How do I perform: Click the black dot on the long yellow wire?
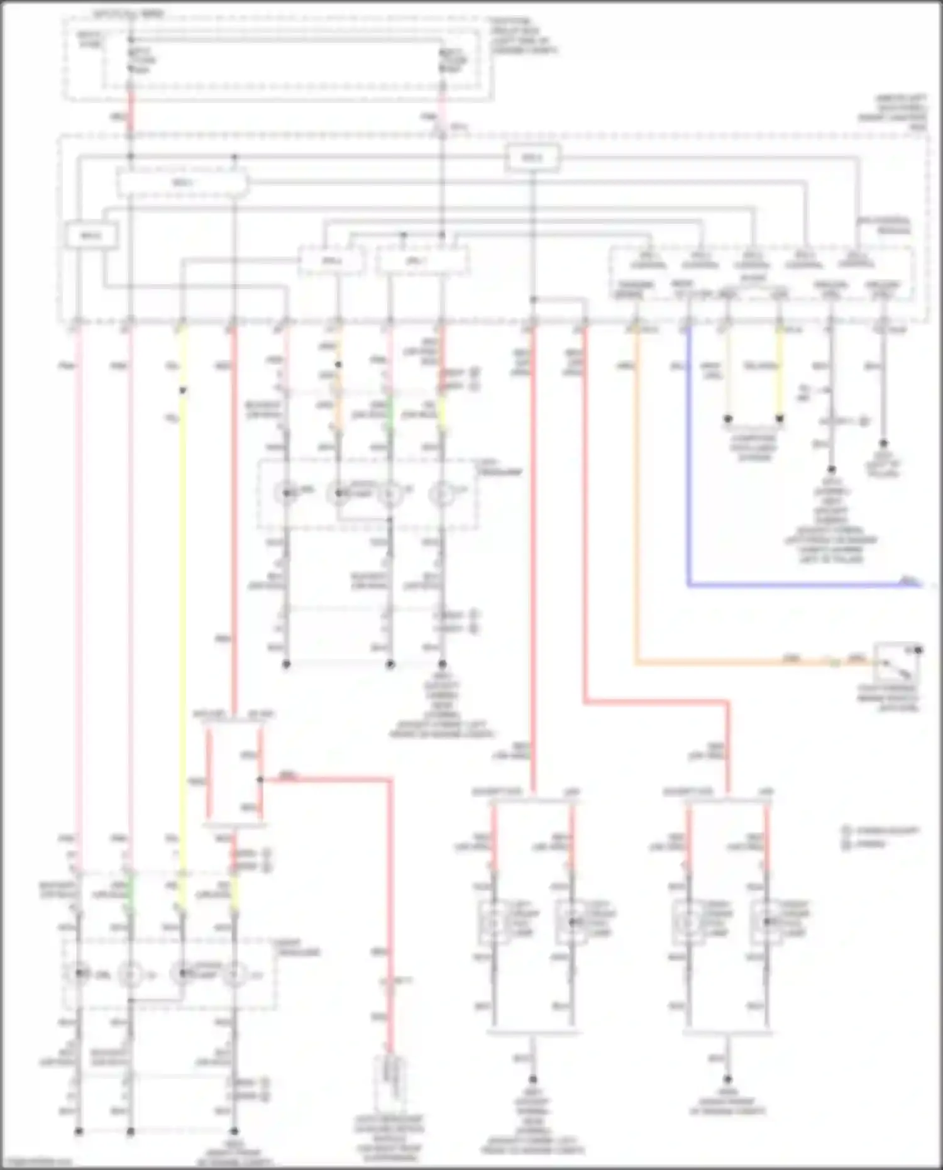click(182, 390)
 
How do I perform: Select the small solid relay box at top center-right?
click(533, 158)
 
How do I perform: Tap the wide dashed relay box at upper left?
click(182, 184)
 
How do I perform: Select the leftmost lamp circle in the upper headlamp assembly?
click(287, 495)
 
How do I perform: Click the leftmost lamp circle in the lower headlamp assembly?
click(79, 974)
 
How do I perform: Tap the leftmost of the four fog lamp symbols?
click(494, 922)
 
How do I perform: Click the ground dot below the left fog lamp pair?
click(532, 1079)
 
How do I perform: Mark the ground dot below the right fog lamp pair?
click(727, 1079)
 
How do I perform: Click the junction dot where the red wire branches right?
click(260, 780)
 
